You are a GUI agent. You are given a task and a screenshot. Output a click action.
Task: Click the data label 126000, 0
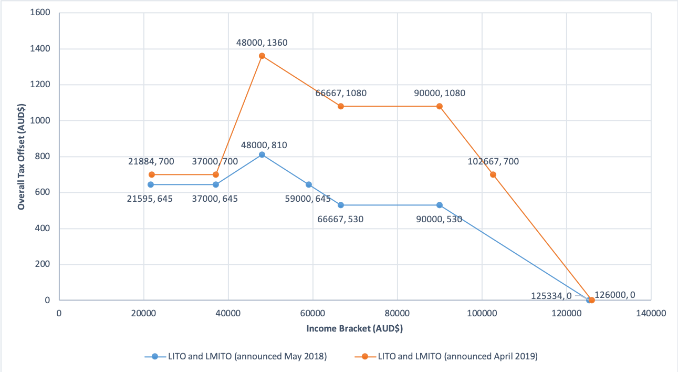click(614, 295)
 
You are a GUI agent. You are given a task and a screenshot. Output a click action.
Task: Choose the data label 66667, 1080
click(341, 93)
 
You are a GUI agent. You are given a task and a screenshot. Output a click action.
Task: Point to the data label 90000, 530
click(439, 219)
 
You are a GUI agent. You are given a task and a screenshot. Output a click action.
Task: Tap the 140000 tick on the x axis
click(651, 313)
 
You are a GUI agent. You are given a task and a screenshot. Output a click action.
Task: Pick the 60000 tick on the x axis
click(313, 313)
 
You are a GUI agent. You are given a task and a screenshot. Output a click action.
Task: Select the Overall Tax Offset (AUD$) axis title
click(22, 157)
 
